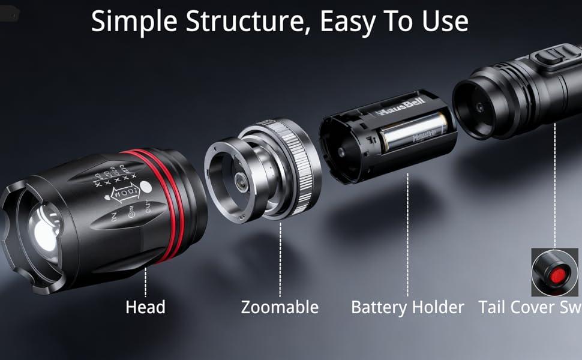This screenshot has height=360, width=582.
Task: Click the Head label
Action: click(x=145, y=308)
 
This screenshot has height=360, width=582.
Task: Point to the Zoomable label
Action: click(x=280, y=308)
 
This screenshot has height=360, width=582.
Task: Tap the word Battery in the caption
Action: click(x=377, y=308)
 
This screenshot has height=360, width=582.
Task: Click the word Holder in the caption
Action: click(x=436, y=308)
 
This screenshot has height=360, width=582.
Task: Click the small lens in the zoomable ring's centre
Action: click(x=242, y=183)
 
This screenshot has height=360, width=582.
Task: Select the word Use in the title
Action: click(x=446, y=22)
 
